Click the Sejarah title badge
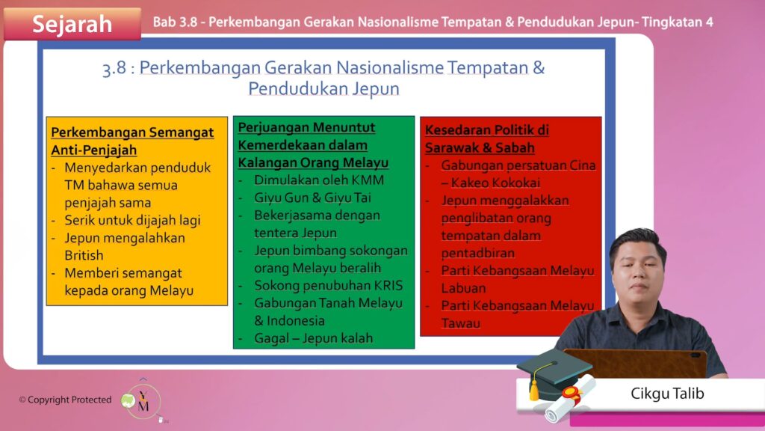coord(72,23)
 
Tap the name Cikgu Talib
coord(667,394)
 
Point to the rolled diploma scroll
coord(571,399)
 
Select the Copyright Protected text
coord(66,400)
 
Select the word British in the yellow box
coord(84,256)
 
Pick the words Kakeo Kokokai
coord(495,183)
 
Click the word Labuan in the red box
coord(463,288)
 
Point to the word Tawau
coord(460,323)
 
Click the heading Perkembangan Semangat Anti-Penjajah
coord(132,141)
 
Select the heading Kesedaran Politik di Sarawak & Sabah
coord(487,138)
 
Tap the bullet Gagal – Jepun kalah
coord(313,338)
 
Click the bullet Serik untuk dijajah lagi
coord(132,221)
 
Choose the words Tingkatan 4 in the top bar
coord(677,22)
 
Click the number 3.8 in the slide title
coord(114,68)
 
